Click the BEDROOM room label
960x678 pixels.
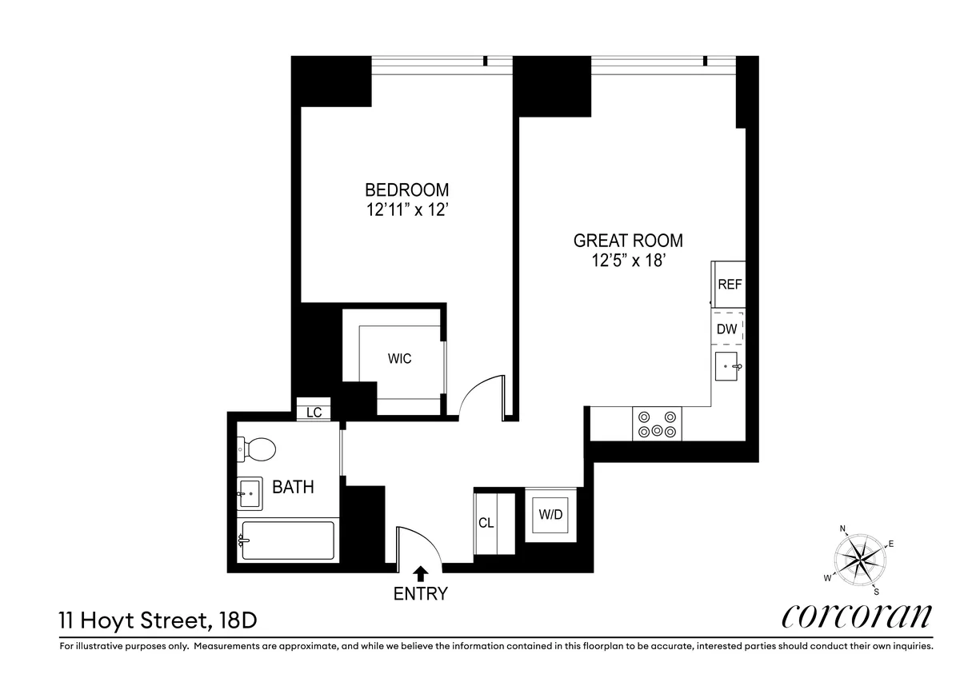click(406, 190)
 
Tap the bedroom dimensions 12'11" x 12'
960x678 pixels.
click(406, 211)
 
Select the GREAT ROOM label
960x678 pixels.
click(628, 240)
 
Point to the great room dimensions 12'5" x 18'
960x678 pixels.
click(628, 261)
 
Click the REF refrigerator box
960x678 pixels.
click(728, 285)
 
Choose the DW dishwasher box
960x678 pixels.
click(727, 329)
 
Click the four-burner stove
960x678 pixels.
click(657, 424)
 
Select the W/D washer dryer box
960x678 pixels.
click(550, 516)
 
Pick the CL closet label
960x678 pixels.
click(486, 524)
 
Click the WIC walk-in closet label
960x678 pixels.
click(400, 359)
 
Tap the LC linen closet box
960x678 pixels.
click(314, 412)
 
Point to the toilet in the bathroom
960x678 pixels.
click(256, 449)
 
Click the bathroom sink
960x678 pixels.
click(249, 493)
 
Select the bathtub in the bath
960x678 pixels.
click(286, 541)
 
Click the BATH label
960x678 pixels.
click(294, 487)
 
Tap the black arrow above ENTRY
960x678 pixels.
click(419, 572)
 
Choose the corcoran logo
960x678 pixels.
click(856, 616)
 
